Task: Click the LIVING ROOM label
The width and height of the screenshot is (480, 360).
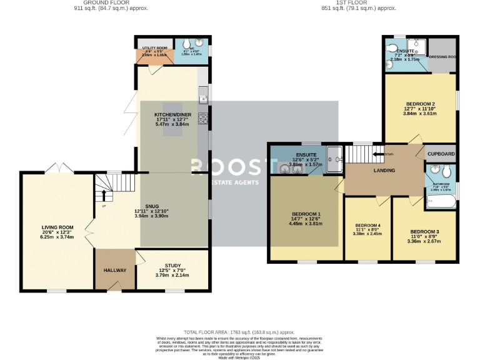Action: (58, 227)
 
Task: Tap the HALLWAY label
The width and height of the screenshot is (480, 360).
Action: (115, 270)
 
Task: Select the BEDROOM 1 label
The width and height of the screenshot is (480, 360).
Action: (306, 214)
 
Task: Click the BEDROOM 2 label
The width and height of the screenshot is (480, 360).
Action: (420, 104)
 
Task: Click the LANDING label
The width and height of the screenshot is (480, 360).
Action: (384, 171)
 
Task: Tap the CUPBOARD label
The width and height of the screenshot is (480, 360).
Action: (441, 154)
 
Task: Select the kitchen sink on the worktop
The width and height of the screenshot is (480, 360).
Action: (203, 96)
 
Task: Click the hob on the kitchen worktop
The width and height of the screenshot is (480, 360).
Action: (203, 118)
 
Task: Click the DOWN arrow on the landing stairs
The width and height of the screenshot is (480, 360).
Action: (379, 153)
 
